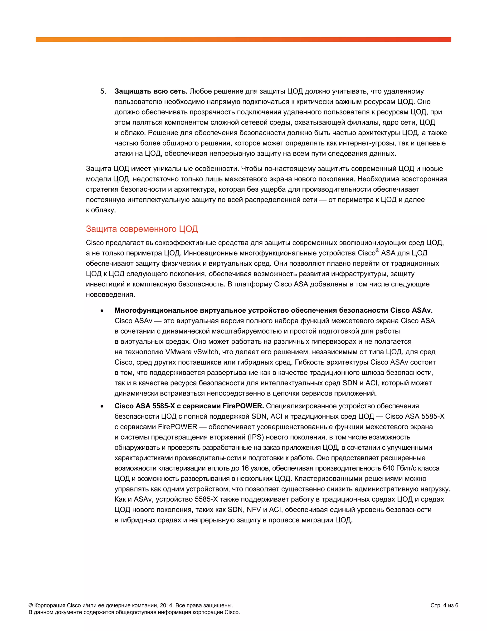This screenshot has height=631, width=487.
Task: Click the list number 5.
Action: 103,91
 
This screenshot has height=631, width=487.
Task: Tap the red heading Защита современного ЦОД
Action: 142,229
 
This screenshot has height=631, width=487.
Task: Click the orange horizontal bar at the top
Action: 243,40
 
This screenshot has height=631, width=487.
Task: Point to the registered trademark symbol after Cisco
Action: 377,250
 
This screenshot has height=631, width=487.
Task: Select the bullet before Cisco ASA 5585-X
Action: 102,406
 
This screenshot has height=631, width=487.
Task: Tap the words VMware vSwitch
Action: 192,352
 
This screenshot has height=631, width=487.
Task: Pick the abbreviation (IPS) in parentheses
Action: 256,437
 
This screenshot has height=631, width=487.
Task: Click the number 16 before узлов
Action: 245,468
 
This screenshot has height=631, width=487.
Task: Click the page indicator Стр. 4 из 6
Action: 444,606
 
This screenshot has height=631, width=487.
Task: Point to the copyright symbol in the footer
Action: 31,606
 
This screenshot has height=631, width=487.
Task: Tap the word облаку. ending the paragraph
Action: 103,210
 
